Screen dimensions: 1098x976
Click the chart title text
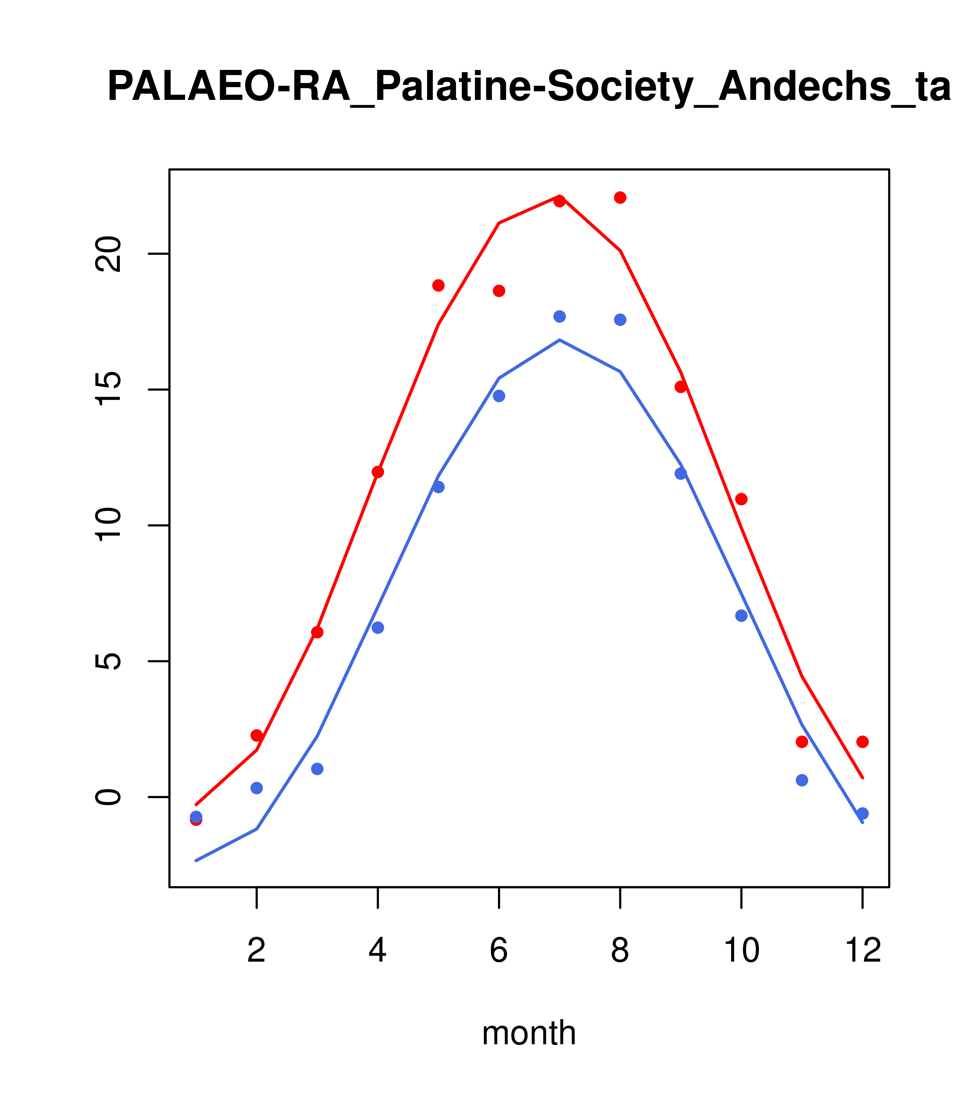click(529, 87)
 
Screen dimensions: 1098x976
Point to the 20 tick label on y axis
click(107, 254)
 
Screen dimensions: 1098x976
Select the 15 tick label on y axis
click(107, 390)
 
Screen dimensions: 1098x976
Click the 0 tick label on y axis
click(107, 797)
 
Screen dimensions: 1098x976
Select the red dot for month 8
click(620, 198)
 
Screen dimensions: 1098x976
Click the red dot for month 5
click(438, 285)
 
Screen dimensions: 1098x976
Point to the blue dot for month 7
click(559, 317)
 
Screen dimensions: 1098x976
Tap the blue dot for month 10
click(741, 615)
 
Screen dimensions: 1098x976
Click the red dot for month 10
click(741, 499)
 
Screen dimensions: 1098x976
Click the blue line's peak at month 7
click(559, 340)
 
